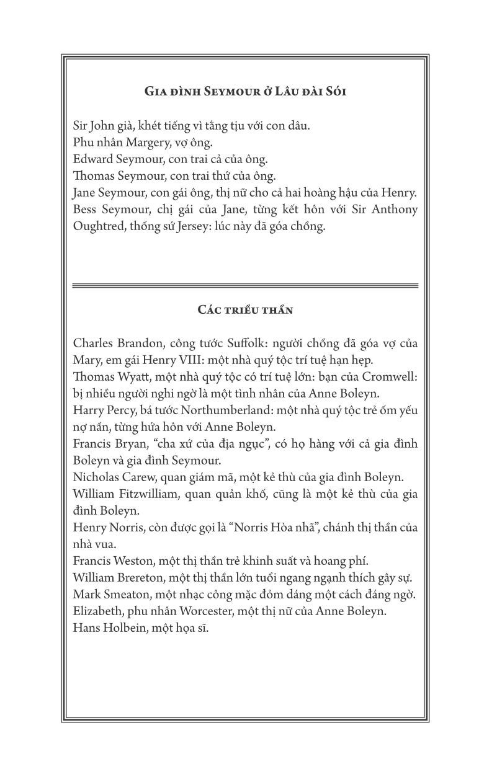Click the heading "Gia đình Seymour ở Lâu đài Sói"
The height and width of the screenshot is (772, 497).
(x=245, y=92)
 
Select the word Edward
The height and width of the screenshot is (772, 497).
(x=92, y=159)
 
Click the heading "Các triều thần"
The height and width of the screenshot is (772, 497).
(x=245, y=309)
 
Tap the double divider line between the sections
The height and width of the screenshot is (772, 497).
(x=245, y=286)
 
